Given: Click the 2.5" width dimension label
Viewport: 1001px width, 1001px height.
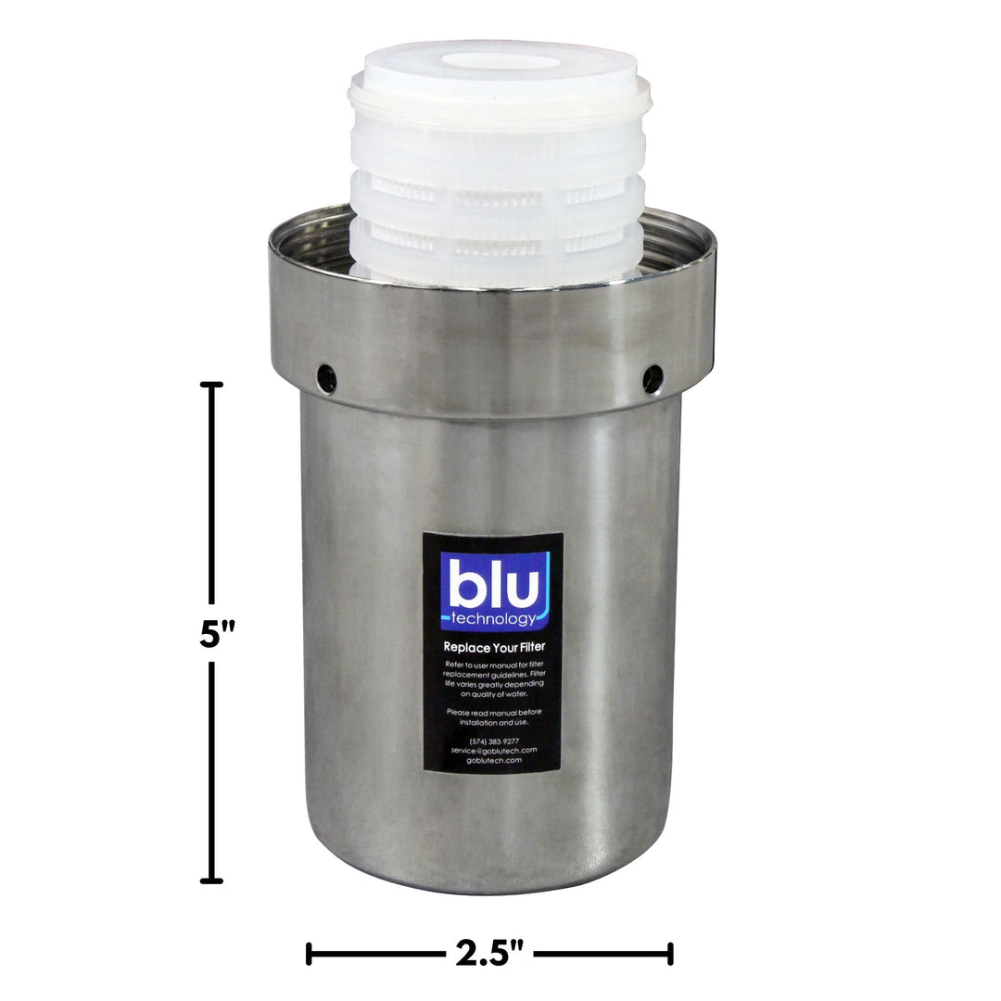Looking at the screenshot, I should tap(489, 953).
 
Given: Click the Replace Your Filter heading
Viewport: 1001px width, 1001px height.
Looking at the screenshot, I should tap(493, 648).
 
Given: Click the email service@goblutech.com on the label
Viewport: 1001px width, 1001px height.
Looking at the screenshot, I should tap(492, 750).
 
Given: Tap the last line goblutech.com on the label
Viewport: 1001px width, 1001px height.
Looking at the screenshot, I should tap(492, 760).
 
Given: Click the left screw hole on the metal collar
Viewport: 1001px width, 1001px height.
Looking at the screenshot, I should tap(326, 376).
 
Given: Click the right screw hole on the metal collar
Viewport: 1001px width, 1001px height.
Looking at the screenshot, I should tap(653, 376).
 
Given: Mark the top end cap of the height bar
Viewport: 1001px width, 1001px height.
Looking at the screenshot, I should tap(212, 385).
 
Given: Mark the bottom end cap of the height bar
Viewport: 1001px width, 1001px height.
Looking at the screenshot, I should tap(212, 880).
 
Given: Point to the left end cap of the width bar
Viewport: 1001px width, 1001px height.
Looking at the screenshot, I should tap(310, 953).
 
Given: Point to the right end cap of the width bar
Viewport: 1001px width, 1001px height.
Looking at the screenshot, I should tap(669, 953).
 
